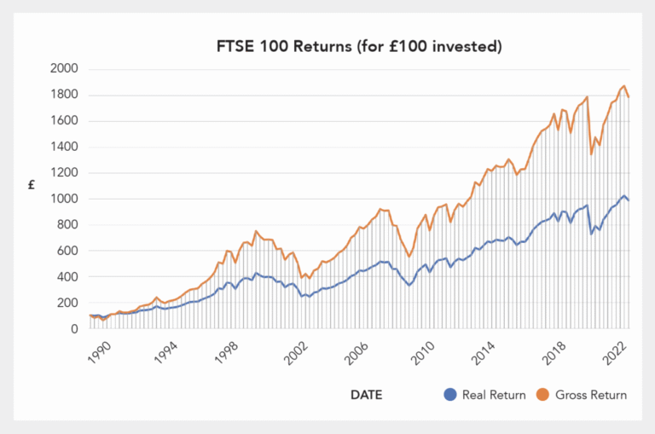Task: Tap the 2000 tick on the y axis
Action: point(64,69)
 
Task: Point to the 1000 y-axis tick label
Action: point(64,200)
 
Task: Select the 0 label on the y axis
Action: point(74,329)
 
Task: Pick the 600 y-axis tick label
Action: point(67,252)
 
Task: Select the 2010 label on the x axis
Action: point(422,351)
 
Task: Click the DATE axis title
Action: point(366,395)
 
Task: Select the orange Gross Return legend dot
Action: point(543,395)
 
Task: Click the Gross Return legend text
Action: point(591,395)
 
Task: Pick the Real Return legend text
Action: point(490,395)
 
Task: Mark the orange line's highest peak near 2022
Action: point(624,85)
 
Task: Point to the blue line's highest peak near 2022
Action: point(624,195)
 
